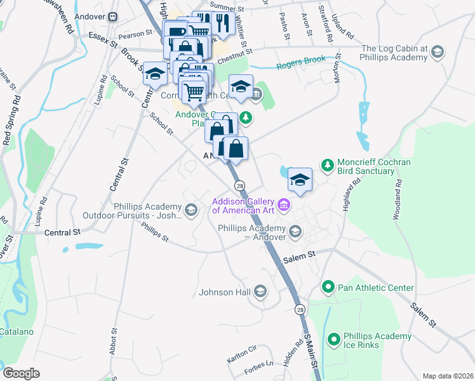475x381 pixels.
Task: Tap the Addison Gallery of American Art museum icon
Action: [284, 204]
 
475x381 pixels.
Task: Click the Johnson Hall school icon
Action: [259, 292]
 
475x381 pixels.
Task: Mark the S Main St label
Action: [310, 356]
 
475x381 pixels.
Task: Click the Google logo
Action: [21, 373]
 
